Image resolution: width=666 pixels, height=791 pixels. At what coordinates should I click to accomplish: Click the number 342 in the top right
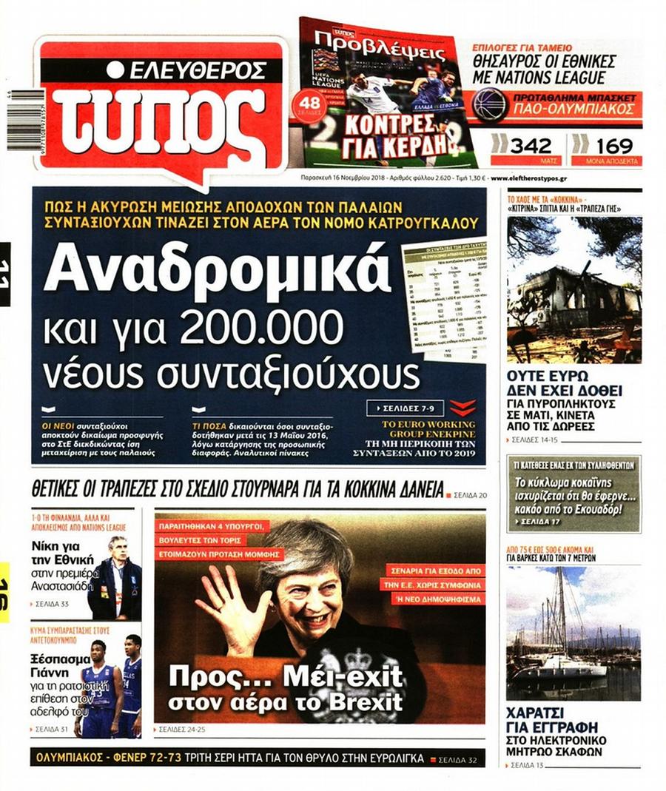tap(527, 145)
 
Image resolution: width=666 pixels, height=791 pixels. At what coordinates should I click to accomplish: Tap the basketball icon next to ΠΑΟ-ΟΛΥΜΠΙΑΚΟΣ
tap(489, 104)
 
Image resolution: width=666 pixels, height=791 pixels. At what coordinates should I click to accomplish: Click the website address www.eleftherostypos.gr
tap(529, 178)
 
